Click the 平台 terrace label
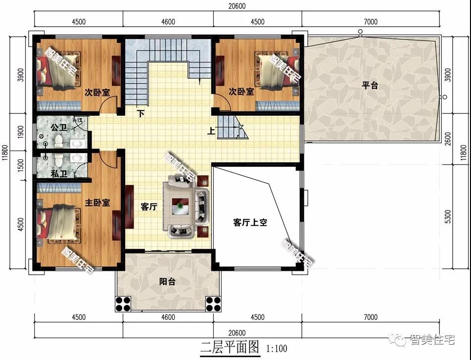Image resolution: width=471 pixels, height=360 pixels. tap(369, 85)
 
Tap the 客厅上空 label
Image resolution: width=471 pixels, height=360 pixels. tap(250, 223)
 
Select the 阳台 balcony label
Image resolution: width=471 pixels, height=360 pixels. tap(168, 282)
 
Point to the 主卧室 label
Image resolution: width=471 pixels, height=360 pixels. tap(96, 203)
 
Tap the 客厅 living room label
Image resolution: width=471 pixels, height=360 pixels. tap(148, 207)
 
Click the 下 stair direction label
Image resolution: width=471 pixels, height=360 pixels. tap(141, 113)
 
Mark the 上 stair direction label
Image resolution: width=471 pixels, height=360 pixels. tap(211, 131)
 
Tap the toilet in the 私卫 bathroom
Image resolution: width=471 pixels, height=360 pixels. tap(59, 159)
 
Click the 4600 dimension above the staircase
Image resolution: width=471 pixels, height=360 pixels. tap(168, 22)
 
